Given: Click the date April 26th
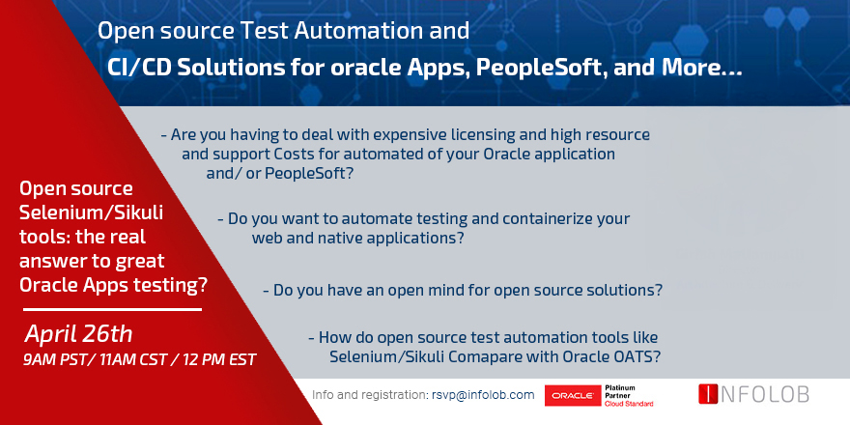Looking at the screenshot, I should click(79, 334).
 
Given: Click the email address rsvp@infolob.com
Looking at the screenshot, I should click(483, 395).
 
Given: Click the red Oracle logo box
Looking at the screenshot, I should click(572, 395).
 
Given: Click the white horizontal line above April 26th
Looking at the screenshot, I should click(110, 310).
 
